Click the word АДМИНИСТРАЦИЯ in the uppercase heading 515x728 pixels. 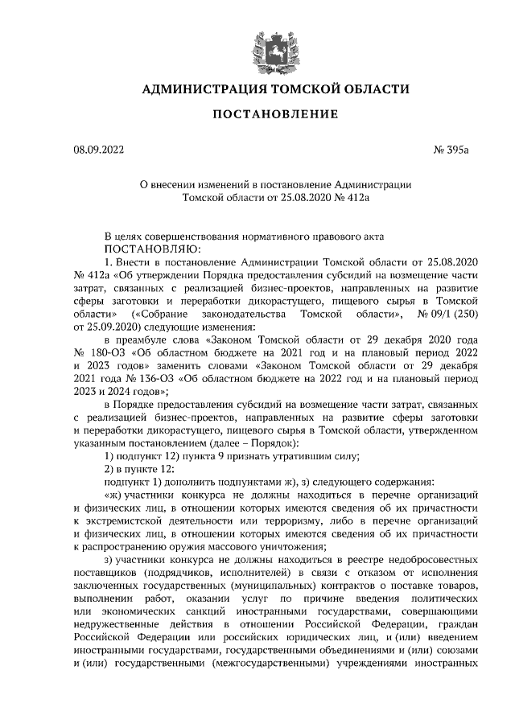200,88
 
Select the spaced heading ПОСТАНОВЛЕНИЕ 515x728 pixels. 257,117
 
